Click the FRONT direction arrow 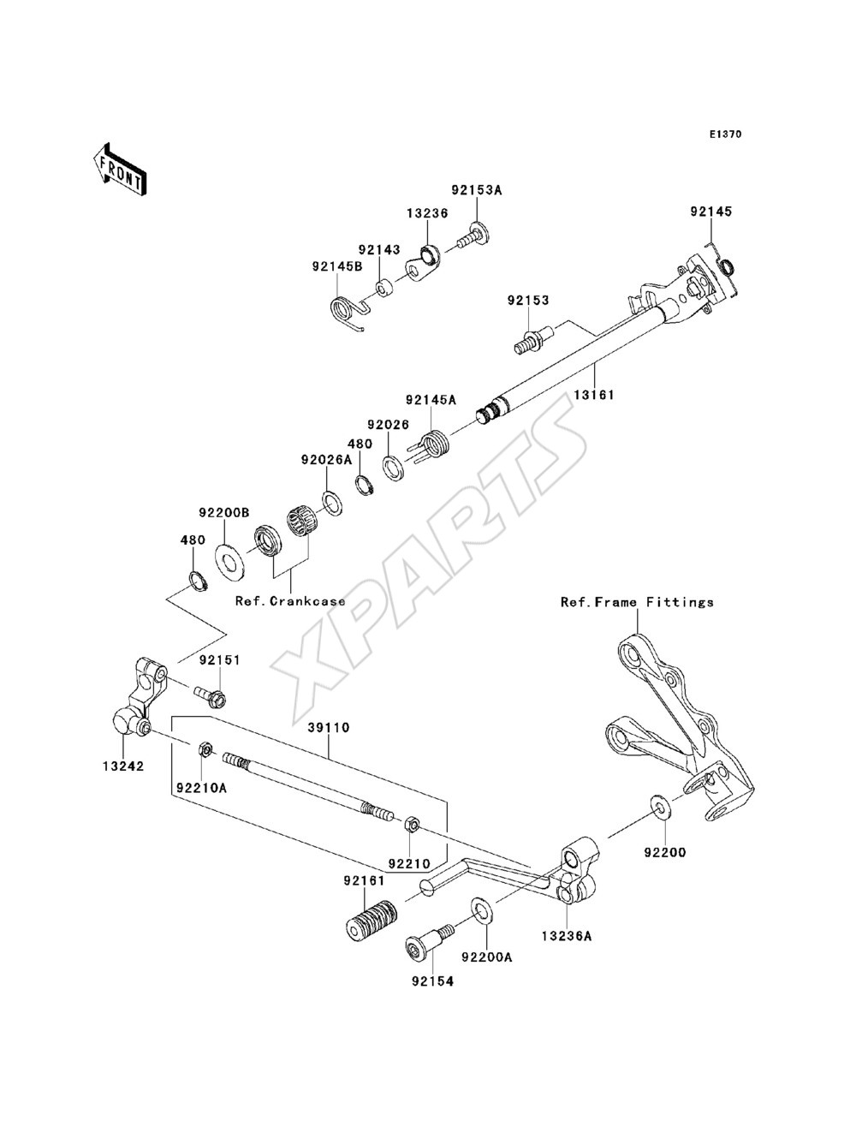(120, 169)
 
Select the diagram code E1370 (725, 134)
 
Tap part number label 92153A (476, 190)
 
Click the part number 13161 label (594, 395)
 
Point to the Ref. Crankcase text (290, 601)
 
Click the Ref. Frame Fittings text (637, 603)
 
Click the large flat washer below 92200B (230, 563)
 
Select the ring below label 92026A (332, 503)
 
